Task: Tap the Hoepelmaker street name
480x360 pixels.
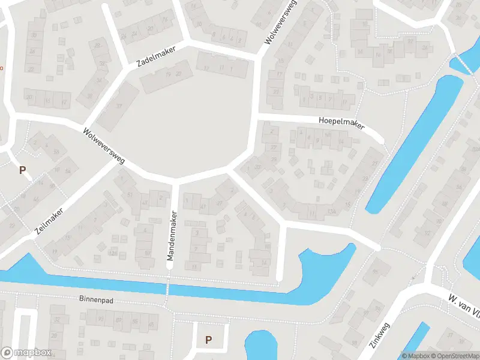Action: click(341, 122)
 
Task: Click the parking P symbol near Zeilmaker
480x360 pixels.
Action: click(22, 170)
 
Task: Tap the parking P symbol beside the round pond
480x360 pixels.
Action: click(208, 340)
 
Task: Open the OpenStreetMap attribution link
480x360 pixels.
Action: click(454, 356)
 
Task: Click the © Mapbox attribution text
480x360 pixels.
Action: click(416, 356)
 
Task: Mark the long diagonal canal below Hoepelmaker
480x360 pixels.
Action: click(414, 144)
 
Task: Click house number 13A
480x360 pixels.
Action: click(331, 211)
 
